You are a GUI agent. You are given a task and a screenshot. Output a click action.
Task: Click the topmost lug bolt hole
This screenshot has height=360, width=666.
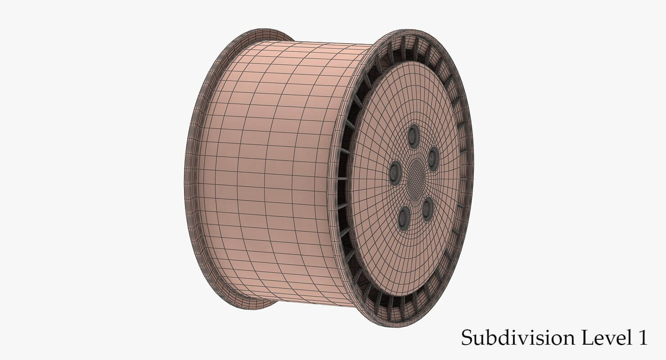(x=413, y=136)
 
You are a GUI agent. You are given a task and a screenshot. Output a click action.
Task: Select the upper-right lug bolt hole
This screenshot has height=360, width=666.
(x=433, y=158)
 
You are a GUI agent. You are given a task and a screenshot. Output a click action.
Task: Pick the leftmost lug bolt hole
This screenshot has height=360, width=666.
(x=395, y=172)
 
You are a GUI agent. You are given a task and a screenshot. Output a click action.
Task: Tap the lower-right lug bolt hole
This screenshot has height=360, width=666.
(x=427, y=209)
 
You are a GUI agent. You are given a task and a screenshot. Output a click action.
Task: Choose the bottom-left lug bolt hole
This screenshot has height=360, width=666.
(x=404, y=218)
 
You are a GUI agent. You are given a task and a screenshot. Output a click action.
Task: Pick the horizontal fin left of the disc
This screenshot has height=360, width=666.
(x=343, y=179)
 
